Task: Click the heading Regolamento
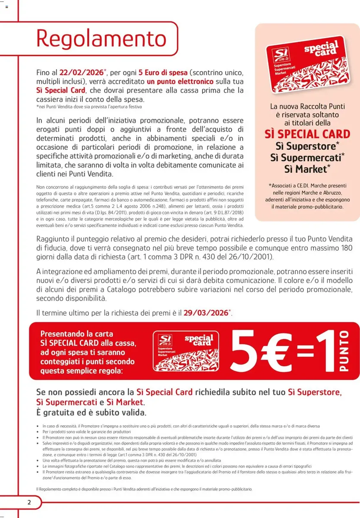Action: coord(101,38)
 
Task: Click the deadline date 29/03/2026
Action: coord(205,313)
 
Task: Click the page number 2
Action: coord(29,502)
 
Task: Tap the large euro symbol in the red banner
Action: coord(274,351)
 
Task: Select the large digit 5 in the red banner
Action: coord(244,351)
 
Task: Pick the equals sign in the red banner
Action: coord(306,351)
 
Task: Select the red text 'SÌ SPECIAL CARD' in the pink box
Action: coord(307,134)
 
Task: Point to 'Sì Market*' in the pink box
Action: coord(307,169)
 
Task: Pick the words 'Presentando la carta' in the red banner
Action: coord(76,334)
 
